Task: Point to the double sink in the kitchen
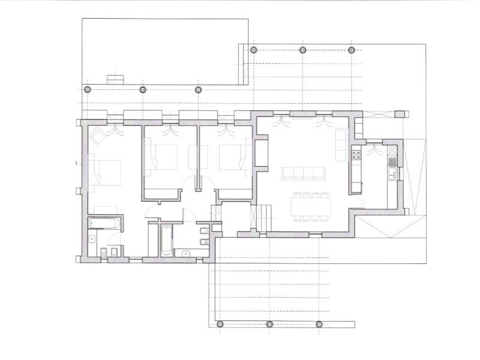[391, 174]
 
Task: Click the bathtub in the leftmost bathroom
[105, 223]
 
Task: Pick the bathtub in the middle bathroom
[166, 239]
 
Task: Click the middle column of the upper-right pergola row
[302, 50]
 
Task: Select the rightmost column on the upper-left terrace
[198, 89]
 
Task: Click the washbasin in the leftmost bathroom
[92, 239]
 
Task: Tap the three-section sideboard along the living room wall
[358, 125]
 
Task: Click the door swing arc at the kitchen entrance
[358, 202]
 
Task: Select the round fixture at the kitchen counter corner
[392, 149]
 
